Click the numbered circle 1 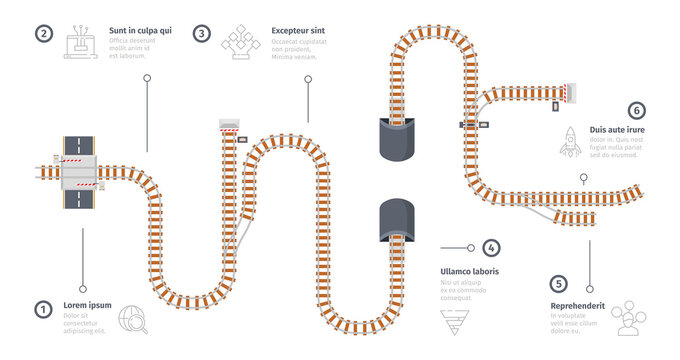43,309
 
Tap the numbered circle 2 43,33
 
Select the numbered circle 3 202,33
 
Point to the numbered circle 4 490,247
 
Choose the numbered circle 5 559,284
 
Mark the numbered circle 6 634,110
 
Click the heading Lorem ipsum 86,305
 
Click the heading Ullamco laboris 470,271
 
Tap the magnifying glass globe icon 131,317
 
